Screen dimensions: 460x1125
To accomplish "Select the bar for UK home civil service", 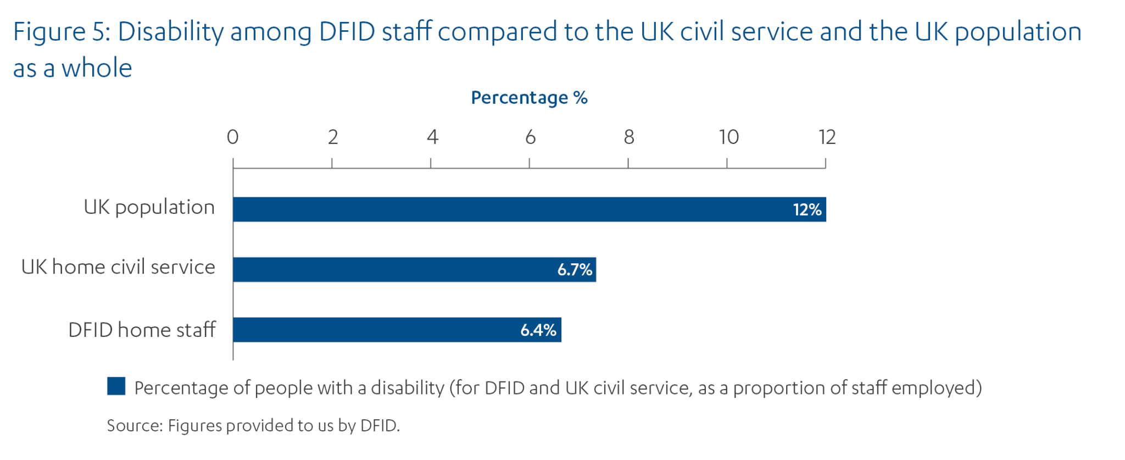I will pyautogui.click(x=396, y=269).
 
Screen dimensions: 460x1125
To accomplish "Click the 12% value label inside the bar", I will pyautogui.click(x=807, y=210).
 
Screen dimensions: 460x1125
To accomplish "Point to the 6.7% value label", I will pyautogui.click(x=575, y=270).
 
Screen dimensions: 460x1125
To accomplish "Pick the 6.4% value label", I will pyautogui.click(x=538, y=330).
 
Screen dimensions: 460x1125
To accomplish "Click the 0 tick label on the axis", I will pyautogui.click(x=233, y=137).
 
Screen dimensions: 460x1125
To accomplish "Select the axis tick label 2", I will pyautogui.click(x=333, y=137).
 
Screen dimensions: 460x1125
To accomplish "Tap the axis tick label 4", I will pyautogui.click(x=432, y=137).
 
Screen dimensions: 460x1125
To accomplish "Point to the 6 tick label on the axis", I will pyautogui.click(x=530, y=137).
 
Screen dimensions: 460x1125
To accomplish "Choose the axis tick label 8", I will pyautogui.click(x=629, y=137).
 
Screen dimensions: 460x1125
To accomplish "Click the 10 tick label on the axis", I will pyautogui.click(x=729, y=137).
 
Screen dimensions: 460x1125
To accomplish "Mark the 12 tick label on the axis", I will pyautogui.click(x=827, y=137).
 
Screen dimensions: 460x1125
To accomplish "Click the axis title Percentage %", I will pyautogui.click(x=529, y=98).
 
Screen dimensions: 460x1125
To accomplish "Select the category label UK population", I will pyautogui.click(x=149, y=208).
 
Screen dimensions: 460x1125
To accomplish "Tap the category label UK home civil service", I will pyautogui.click(x=118, y=267).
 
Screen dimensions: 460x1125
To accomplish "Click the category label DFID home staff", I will pyautogui.click(x=142, y=330).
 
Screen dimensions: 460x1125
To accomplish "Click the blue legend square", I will pyautogui.click(x=116, y=386).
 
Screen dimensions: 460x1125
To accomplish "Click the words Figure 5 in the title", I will pyautogui.click(x=62, y=32).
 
